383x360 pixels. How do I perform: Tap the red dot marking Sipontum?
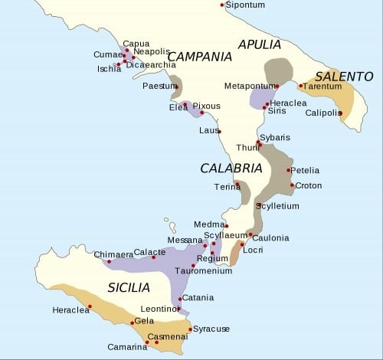(x=223, y=5)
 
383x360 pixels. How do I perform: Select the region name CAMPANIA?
(x=199, y=57)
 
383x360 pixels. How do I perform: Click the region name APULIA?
(x=264, y=44)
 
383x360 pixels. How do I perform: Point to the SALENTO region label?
(x=344, y=77)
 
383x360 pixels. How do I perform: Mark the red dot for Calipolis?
(x=340, y=113)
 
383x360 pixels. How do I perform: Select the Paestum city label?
(x=159, y=86)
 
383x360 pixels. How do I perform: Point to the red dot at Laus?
(x=219, y=132)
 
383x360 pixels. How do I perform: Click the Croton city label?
(x=309, y=185)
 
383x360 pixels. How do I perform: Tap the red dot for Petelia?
(x=289, y=170)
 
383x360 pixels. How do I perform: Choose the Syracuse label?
(x=211, y=329)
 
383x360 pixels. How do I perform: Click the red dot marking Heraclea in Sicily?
(x=90, y=306)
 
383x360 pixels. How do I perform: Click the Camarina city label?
(x=127, y=347)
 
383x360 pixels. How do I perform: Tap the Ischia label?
(x=108, y=68)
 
